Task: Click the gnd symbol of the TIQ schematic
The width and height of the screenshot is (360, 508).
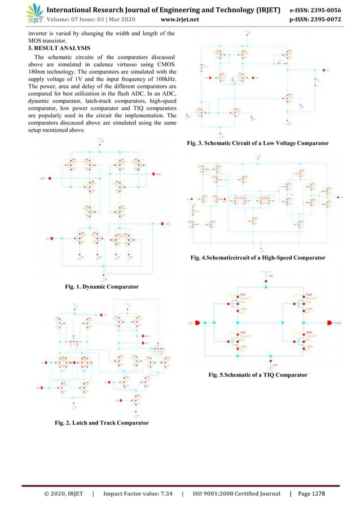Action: click(x=270, y=365)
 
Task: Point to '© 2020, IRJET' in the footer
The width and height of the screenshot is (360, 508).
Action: click(x=55, y=493)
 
